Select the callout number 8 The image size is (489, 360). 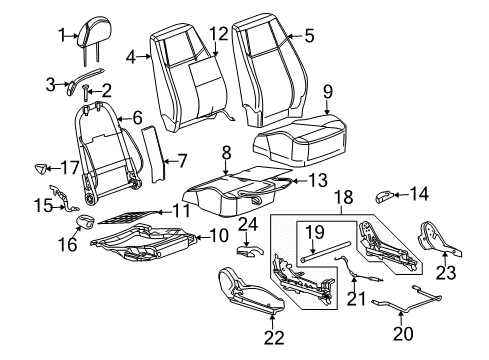226,153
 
